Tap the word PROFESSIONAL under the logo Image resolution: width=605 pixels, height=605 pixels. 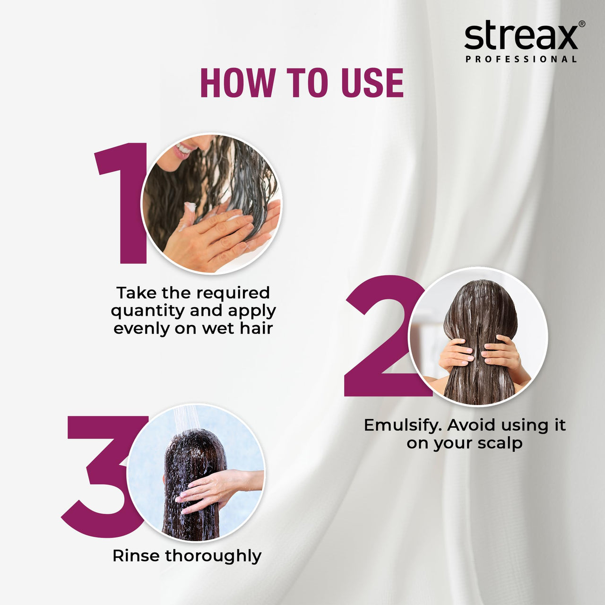pyautogui.click(x=521, y=60)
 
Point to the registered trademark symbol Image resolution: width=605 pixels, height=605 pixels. pyautogui.click(x=581, y=24)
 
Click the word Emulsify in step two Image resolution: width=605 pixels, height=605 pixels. pyautogui.click(x=402, y=425)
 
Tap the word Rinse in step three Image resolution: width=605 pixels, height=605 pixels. pyautogui.click(x=136, y=556)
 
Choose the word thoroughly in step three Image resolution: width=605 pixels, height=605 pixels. pyautogui.click(x=213, y=556)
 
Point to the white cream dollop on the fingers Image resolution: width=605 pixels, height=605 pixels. pyautogui.click(x=190, y=207)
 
